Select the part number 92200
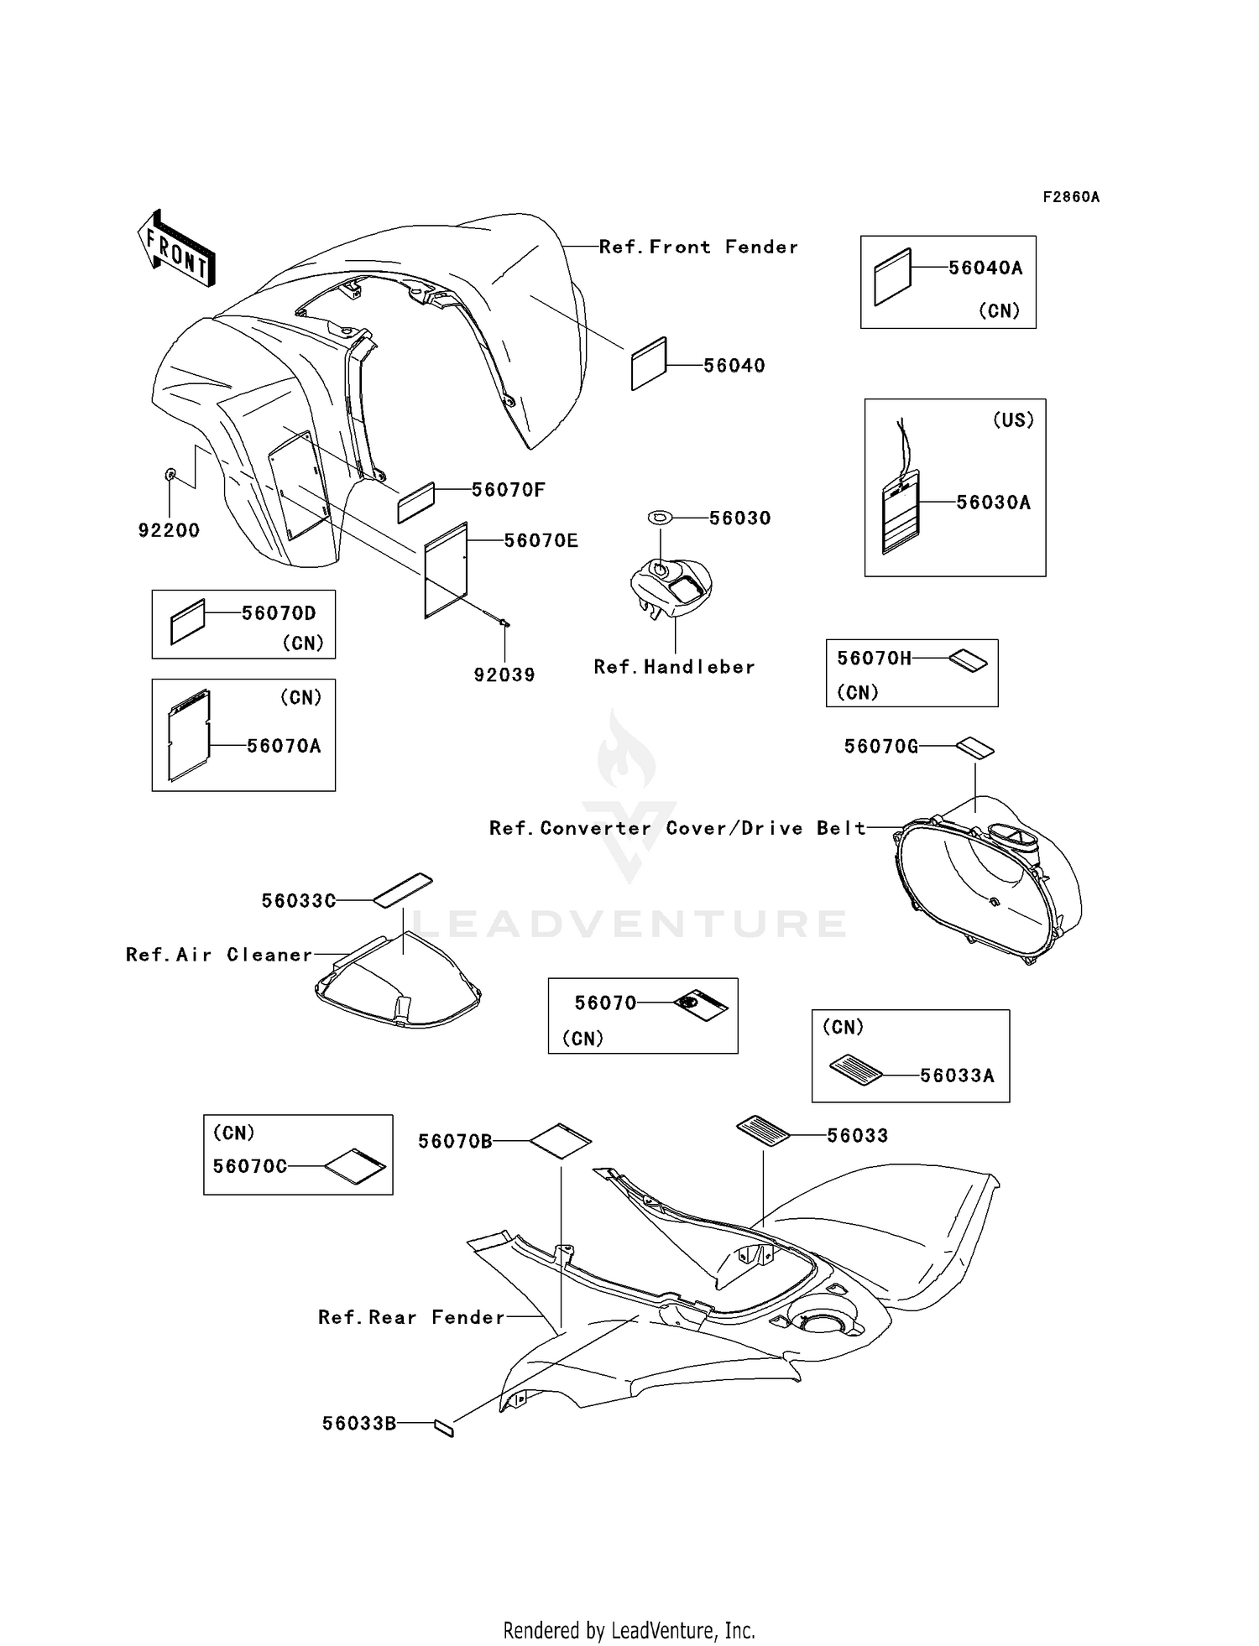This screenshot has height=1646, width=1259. click(169, 530)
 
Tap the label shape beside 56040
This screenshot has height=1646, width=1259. click(649, 364)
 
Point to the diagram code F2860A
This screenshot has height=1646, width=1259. click(1071, 197)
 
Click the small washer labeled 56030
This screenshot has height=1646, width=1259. click(661, 518)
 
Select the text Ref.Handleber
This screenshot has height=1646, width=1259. click(674, 667)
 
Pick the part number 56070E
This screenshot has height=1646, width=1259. click(541, 541)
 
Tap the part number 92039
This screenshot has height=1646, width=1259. click(504, 675)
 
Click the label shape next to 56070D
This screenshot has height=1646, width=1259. click(187, 622)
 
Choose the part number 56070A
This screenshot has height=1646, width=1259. click(284, 746)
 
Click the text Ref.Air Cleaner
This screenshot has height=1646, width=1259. click(219, 955)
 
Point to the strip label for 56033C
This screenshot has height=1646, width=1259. click(403, 890)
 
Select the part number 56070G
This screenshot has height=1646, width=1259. click(881, 746)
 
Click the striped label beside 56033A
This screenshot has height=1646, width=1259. click(855, 1070)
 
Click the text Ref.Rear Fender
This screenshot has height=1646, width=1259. click(411, 1317)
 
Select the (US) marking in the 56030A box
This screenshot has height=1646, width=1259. click(1013, 420)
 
